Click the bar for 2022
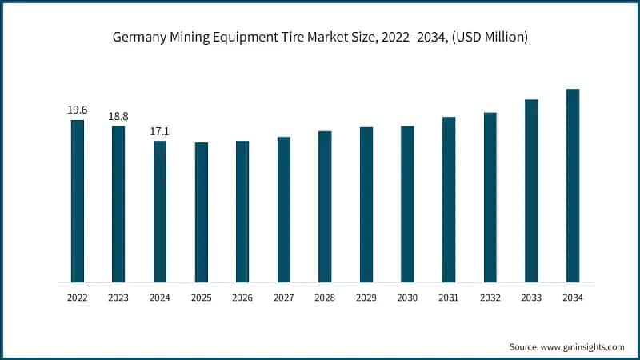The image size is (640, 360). pyautogui.click(x=77, y=201)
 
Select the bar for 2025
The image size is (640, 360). pyautogui.click(x=202, y=212)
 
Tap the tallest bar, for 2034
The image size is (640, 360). pyautogui.click(x=573, y=186)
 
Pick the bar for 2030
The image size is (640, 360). pyautogui.click(x=407, y=204)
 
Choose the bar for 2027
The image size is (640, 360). pyautogui.click(x=284, y=210)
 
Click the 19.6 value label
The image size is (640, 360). pyautogui.click(x=77, y=110)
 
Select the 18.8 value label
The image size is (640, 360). pyautogui.click(x=118, y=116)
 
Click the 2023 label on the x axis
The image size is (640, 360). pyautogui.click(x=118, y=298)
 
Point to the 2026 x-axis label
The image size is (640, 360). pyautogui.click(x=242, y=298)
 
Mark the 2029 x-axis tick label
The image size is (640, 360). pyautogui.click(x=366, y=298)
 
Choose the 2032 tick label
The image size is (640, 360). pyautogui.click(x=490, y=298)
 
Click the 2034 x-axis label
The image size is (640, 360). pyautogui.click(x=573, y=298)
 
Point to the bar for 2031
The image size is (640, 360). pyautogui.click(x=449, y=199)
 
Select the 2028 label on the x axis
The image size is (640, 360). pyautogui.click(x=325, y=298)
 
